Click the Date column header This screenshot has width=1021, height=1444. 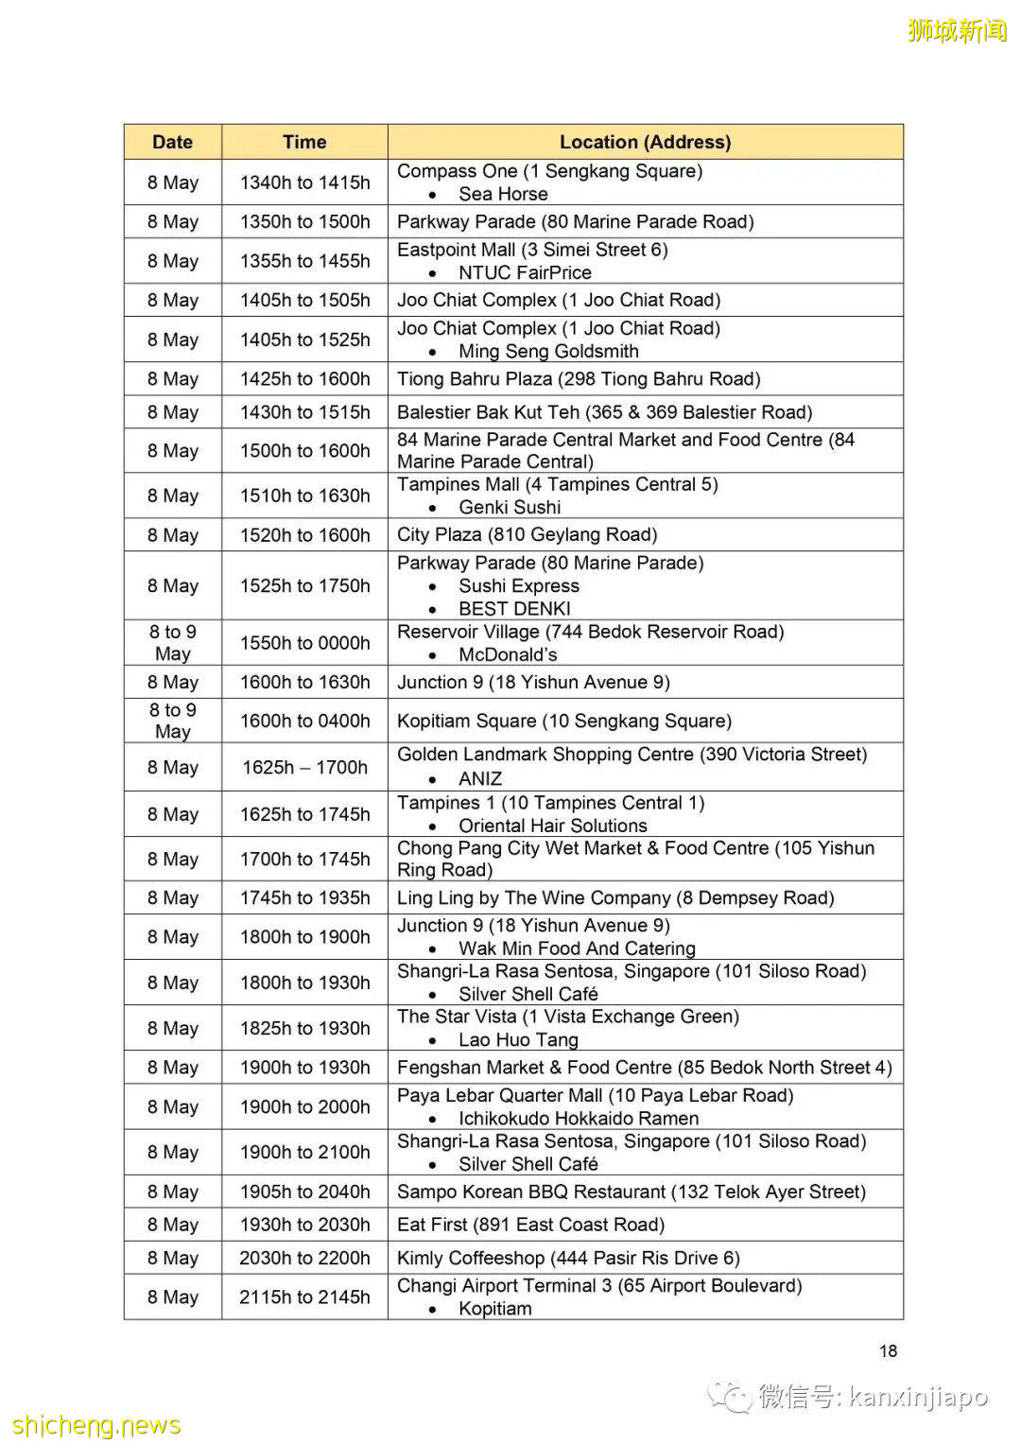172,142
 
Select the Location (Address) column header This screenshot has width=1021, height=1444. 645,142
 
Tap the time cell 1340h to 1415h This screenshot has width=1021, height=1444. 304,183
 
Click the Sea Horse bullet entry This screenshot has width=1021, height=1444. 503,194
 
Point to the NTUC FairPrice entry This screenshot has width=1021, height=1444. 525,272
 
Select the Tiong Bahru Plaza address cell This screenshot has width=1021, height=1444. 579,379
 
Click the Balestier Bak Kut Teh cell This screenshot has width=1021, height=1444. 604,412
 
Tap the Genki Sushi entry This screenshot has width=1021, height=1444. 510,507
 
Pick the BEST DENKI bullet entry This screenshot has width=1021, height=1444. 514,608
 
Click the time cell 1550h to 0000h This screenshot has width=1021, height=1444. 304,643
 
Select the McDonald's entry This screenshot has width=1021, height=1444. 508,654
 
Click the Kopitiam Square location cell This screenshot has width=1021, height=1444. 564,721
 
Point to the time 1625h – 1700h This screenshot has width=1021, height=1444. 304,767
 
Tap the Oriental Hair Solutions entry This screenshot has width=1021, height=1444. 553,826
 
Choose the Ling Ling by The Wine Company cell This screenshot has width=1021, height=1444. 615,897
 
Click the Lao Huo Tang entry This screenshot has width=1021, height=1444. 518,1039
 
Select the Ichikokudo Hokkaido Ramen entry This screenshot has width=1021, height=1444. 579,1118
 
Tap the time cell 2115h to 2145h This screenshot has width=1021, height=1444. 304,1297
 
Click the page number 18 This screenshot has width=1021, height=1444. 888,1350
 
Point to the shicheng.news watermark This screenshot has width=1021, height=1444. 96,1425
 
